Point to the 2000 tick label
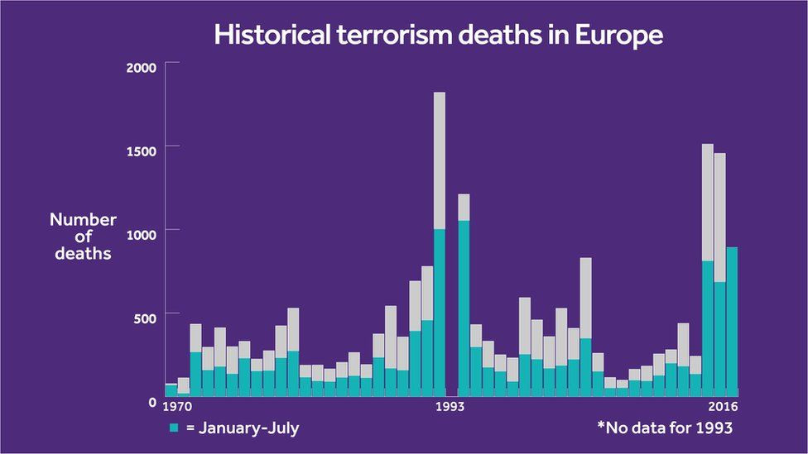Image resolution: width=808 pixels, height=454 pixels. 140,68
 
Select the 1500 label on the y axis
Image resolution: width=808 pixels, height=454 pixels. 140,151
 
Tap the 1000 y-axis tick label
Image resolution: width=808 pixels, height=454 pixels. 140,235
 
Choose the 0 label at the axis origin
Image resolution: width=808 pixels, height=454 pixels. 151,403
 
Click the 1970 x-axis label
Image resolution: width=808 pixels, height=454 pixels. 177,407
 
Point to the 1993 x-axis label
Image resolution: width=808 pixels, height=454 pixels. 450,407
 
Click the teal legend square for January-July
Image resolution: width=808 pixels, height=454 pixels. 174,428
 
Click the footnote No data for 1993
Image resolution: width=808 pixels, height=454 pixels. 665,428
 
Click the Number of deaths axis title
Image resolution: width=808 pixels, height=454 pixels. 83,237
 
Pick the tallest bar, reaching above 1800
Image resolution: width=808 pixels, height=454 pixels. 440,248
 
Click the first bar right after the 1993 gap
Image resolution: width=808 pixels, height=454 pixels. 464,298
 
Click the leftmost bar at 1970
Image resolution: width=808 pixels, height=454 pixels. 171,390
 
